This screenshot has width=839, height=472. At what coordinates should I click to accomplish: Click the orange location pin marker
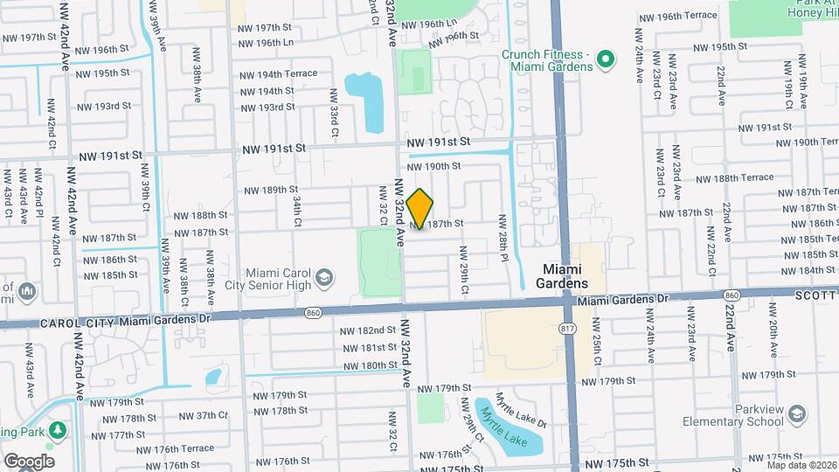click(420, 209)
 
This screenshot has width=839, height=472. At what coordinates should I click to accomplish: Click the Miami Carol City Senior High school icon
click(324, 278)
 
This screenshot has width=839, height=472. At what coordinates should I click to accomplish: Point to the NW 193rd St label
click(103, 107)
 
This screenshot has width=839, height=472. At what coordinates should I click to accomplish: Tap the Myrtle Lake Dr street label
click(521, 410)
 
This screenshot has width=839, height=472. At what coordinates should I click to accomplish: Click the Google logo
click(28, 461)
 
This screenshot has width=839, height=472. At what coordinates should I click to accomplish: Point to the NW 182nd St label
click(368, 330)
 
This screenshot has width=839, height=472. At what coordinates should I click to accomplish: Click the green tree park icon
click(58, 430)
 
